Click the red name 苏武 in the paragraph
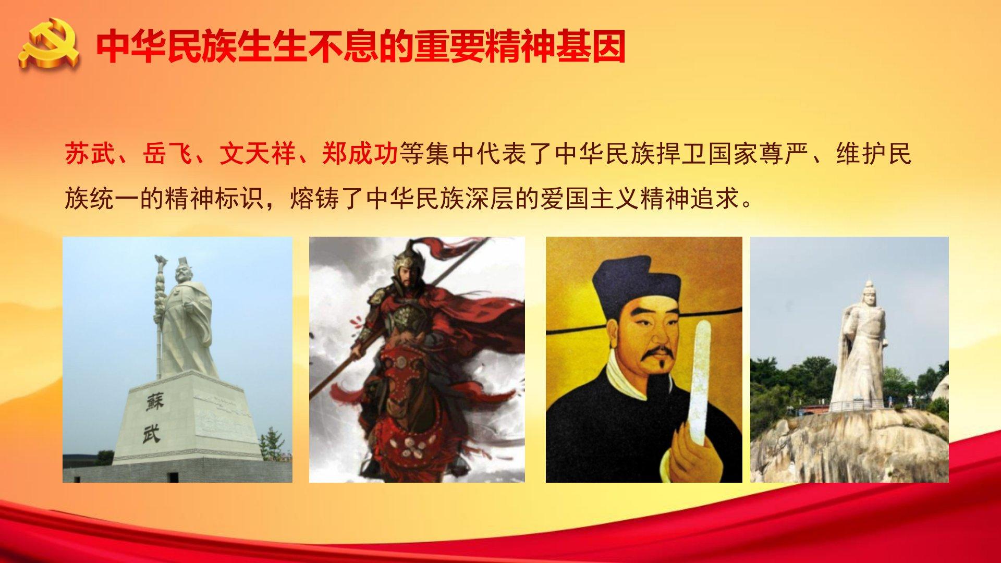point(90,154)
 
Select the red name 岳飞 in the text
point(167,154)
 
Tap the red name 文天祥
point(257,154)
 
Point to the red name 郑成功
point(360,154)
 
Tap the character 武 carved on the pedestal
point(152,434)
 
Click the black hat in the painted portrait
point(637,284)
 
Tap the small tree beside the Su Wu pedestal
point(271,445)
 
